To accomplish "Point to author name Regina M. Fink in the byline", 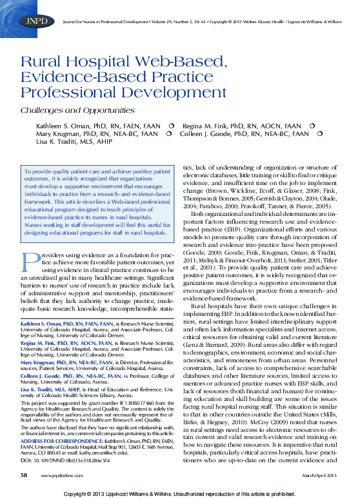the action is tap(206, 125).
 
